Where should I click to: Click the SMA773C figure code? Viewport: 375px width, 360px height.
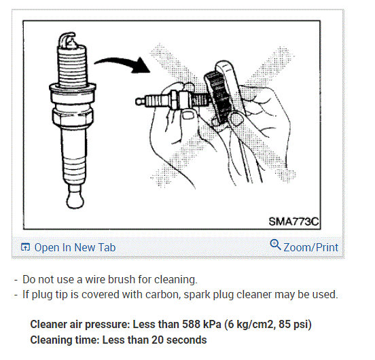pyautogui.click(x=293, y=221)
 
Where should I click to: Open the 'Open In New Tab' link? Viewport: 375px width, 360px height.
pyautogui.click(x=75, y=247)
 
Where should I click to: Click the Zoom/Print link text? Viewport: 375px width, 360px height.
pyautogui.click(x=310, y=247)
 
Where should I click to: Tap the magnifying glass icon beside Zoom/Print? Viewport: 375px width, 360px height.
pyautogui.click(x=275, y=245)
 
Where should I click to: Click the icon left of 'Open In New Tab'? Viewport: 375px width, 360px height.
pyautogui.click(x=25, y=247)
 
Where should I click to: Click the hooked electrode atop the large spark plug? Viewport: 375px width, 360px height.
pyautogui.click(x=67, y=39)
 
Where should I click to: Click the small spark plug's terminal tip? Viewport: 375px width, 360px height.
pyautogui.click(x=140, y=101)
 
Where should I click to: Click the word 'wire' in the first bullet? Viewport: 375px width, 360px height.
pyautogui.click(x=95, y=279)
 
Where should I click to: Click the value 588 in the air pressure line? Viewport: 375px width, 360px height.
pyautogui.click(x=192, y=325)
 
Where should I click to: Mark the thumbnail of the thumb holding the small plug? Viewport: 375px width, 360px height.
pyautogui.click(x=188, y=115)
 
